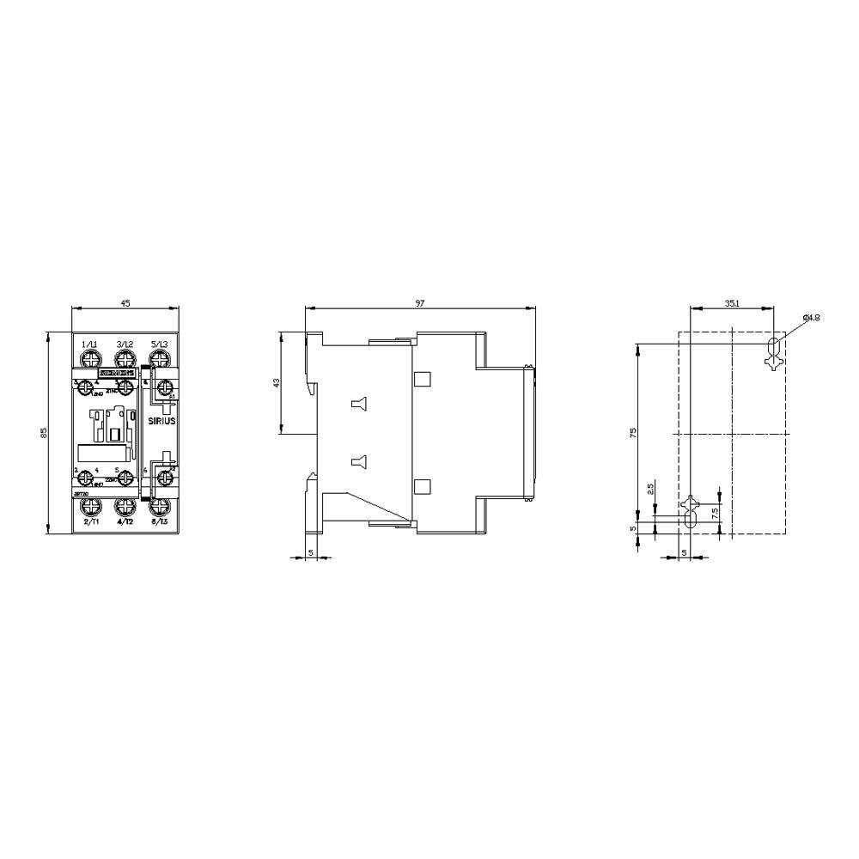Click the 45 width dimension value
pos(125,303)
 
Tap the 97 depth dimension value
pos(419,303)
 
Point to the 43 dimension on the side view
pos(277,383)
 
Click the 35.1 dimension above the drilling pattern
pos(731,303)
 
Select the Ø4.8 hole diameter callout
pos(811,318)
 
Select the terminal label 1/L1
pos(89,344)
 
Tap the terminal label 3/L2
pos(125,344)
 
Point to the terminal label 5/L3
pos(160,344)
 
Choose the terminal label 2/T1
pos(89,521)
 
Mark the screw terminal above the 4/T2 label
pos(125,507)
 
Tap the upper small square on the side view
pos(422,379)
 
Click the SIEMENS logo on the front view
pos(116,374)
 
